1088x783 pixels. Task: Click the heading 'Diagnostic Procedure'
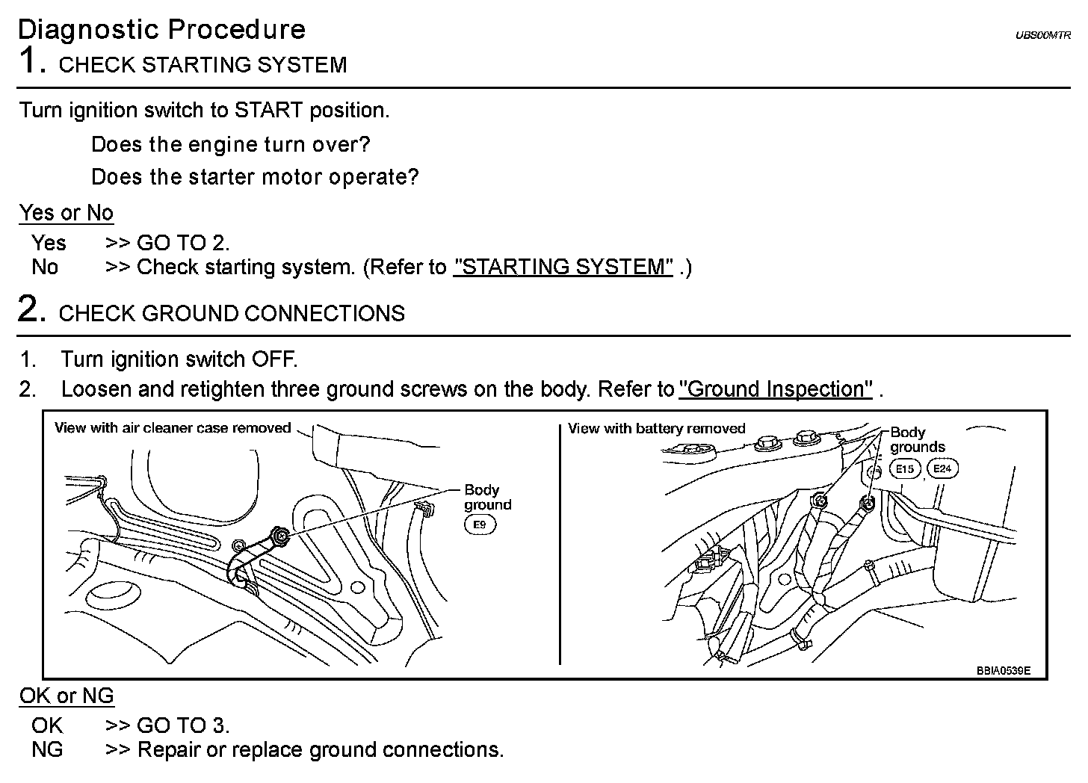pyautogui.click(x=161, y=30)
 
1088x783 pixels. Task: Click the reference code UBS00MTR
pyautogui.click(x=1042, y=35)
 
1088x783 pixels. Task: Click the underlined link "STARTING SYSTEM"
pyautogui.click(x=563, y=267)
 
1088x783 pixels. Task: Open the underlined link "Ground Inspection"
pyautogui.click(x=776, y=389)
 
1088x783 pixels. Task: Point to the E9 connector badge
pyautogui.click(x=480, y=524)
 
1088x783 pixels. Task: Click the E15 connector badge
pyautogui.click(x=904, y=469)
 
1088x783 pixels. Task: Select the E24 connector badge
pyautogui.click(x=942, y=469)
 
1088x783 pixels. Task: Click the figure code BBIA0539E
pyautogui.click(x=1003, y=670)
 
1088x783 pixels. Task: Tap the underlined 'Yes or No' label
pyautogui.click(x=67, y=214)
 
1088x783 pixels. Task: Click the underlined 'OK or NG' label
pyautogui.click(x=67, y=696)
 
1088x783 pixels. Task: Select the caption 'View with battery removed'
pyautogui.click(x=656, y=428)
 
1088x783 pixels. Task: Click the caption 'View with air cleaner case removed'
pyautogui.click(x=173, y=428)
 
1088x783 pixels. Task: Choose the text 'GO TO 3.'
pyautogui.click(x=183, y=725)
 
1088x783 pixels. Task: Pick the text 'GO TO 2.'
pyautogui.click(x=183, y=243)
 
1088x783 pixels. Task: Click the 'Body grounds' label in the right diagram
pyautogui.click(x=917, y=439)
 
